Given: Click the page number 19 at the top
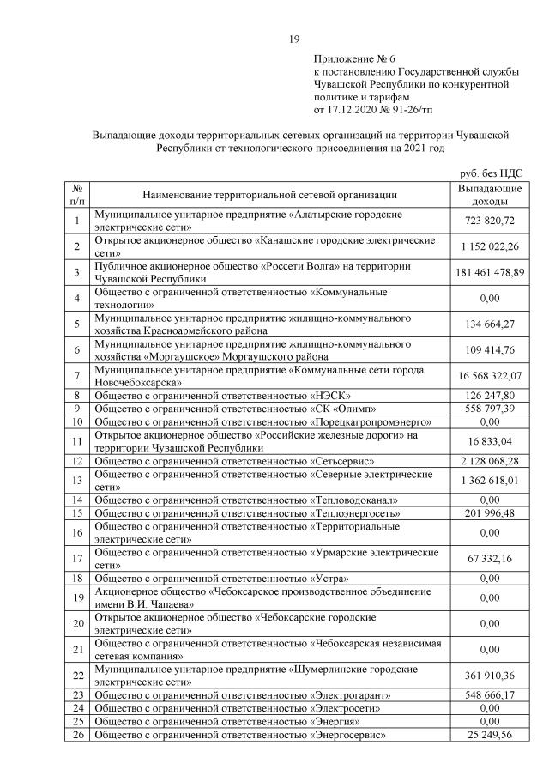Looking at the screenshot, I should point(293,39).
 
